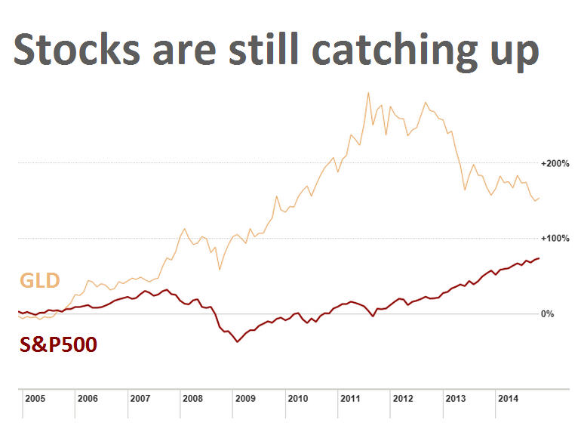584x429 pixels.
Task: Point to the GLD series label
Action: click(39, 282)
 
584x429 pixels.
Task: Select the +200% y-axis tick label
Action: click(555, 163)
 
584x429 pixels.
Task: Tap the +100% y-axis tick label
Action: click(555, 239)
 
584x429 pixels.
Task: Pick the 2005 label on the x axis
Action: click(35, 398)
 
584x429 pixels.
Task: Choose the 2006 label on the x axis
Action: click(88, 398)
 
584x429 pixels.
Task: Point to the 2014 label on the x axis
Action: click(508, 398)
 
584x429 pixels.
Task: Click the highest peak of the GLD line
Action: click(367, 93)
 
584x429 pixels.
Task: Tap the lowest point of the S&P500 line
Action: click(237, 342)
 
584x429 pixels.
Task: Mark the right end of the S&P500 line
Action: click(539, 258)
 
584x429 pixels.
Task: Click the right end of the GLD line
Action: click(539, 198)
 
